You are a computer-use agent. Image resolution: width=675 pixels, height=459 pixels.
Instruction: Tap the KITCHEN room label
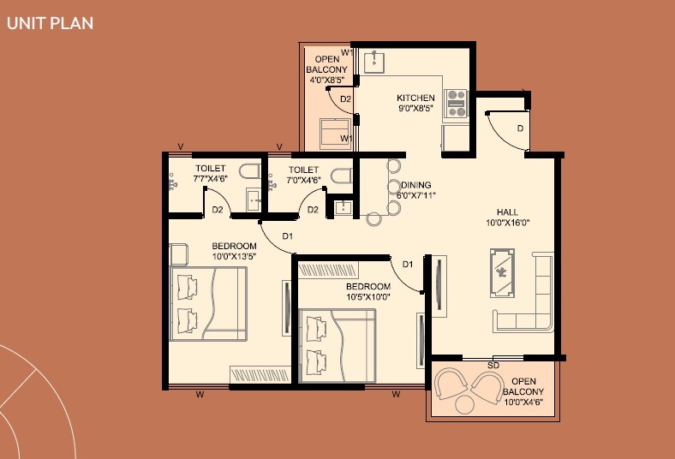coord(415,98)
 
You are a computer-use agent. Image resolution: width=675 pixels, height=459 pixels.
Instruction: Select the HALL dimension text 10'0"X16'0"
coord(507,222)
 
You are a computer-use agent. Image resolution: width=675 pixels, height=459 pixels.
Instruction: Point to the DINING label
coord(416,185)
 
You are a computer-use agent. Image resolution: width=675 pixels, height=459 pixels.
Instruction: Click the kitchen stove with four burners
coord(456,104)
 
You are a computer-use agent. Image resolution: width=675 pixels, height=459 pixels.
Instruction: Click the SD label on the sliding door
coord(493,365)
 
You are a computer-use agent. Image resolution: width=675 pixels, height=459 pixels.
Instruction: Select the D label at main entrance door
coord(520,128)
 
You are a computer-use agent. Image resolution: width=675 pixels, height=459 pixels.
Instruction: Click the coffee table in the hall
coord(503,273)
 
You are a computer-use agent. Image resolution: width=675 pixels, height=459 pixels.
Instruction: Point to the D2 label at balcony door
coord(345,99)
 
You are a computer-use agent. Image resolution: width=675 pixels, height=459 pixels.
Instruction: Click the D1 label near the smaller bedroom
coord(408,264)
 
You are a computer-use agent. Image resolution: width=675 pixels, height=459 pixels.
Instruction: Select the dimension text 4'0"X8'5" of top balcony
coord(326,80)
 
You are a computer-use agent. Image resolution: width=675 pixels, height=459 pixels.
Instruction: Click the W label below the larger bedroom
coord(199,395)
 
